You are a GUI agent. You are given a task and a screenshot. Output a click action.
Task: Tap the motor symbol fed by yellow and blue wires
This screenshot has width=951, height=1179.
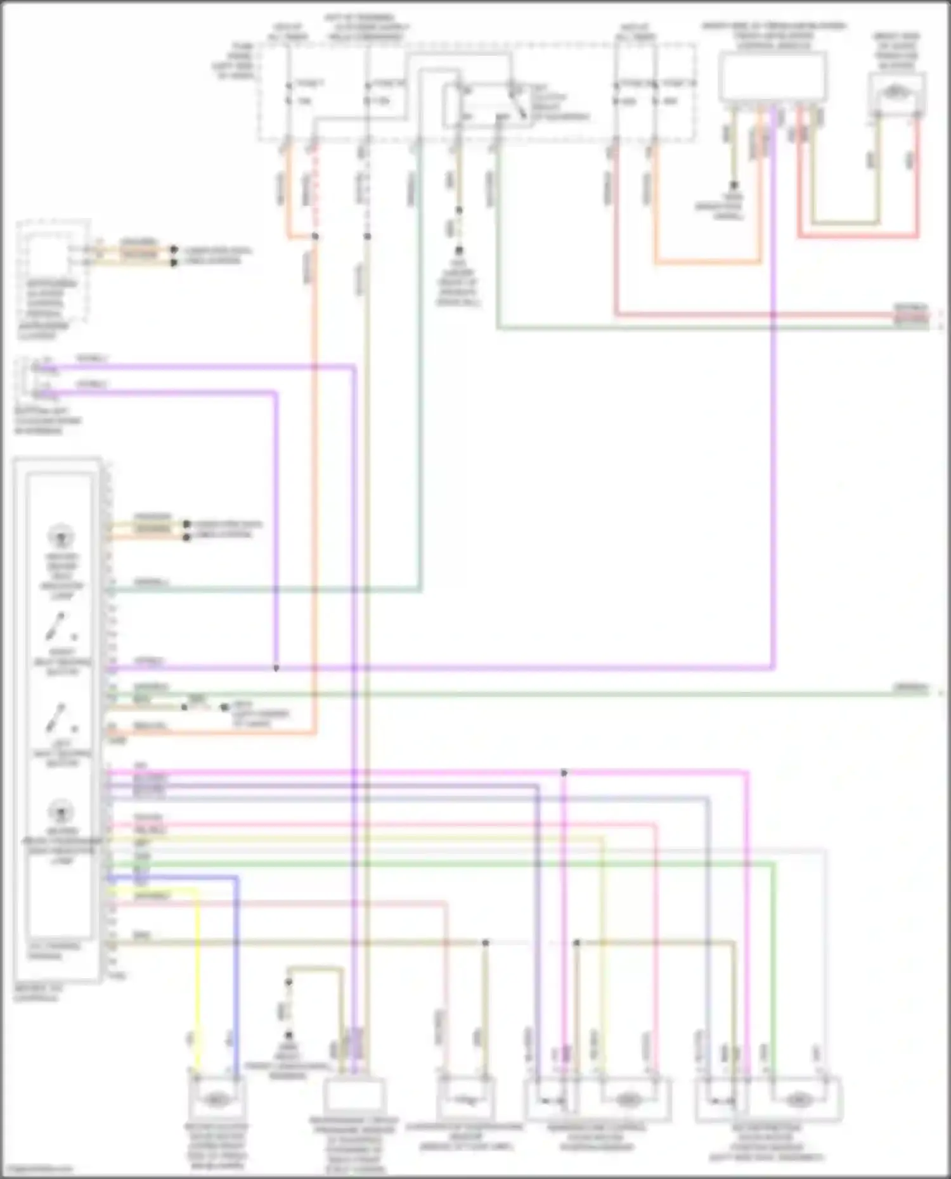click(216, 1100)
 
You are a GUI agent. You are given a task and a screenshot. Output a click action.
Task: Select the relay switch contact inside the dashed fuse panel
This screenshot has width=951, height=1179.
click(519, 101)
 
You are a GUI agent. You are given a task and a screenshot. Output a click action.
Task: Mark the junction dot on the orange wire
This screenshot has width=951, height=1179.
click(315, 236)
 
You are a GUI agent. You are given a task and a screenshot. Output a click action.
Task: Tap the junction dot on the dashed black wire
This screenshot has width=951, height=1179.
click(367, 236)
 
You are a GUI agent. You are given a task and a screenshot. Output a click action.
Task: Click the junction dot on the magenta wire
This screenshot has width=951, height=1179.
click(564, 773)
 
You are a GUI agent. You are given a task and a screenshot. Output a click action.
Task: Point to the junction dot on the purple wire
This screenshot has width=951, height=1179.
click(276, 668)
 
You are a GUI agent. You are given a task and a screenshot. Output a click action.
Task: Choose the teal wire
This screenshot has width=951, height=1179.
click(418, 380)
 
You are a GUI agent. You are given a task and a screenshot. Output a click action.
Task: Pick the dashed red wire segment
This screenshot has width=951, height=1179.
click(315, 190)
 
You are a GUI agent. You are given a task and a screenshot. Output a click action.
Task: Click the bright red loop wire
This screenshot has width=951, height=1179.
click(856, 237)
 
